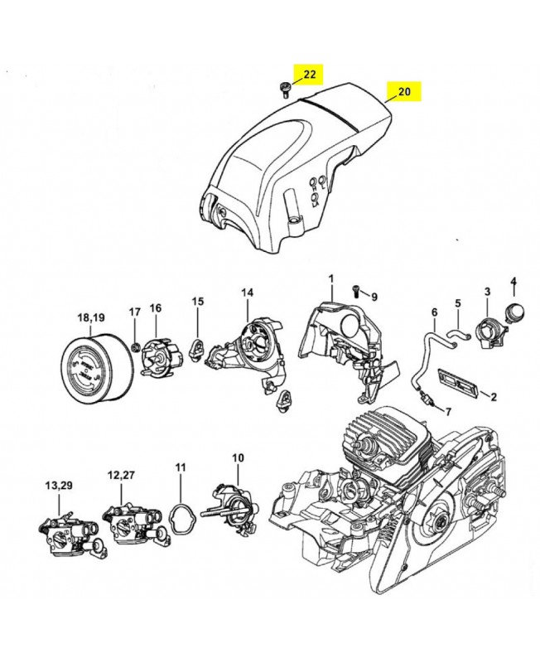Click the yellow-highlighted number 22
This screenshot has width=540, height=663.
(x=310, y=75)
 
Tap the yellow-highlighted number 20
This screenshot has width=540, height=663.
(x=404, y=91)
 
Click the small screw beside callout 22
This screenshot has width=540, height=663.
(x=284, y=90)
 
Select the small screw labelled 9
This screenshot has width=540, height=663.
(x=356, y=291)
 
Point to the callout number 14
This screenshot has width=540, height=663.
(x=247, y=293)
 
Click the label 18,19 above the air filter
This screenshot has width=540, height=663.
(x=92, y=317)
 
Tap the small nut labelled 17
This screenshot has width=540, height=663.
(x=136, y=347)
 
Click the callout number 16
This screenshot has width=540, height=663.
(x=156, y=307)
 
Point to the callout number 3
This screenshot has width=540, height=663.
(x=487, y=292)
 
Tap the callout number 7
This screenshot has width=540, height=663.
(x=448, y=411)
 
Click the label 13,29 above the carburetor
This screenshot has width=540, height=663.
(x=59, y=486)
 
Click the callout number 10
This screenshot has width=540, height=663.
(x=238, y=457)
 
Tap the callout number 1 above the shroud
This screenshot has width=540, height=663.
(x=330, y=279)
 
